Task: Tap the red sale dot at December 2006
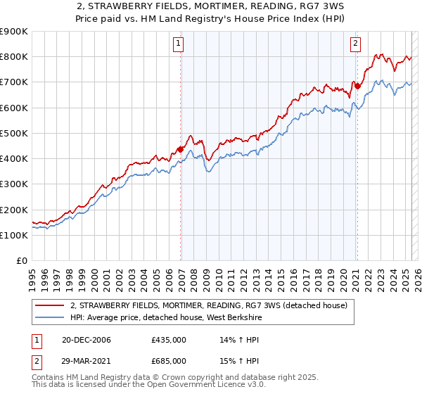(181, 149)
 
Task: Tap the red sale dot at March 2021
(357, 86)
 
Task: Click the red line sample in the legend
(50, 305)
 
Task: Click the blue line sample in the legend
(50, 318)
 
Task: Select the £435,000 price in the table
(168, 341)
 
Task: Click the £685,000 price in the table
(168, 360)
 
